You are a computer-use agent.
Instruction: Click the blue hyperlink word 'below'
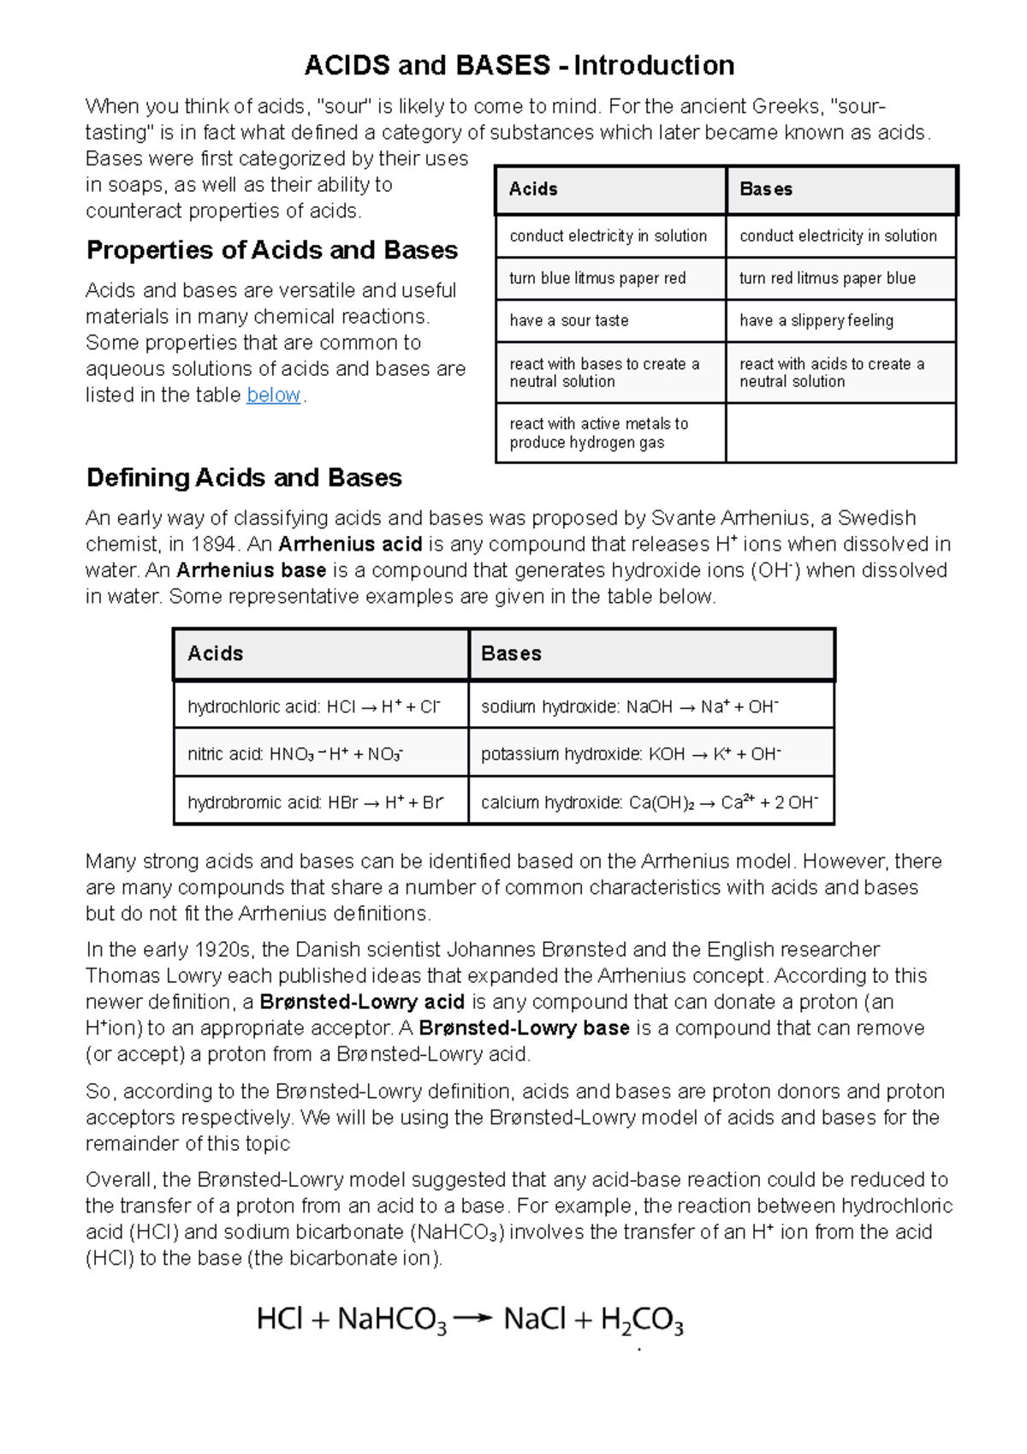click(273, 395)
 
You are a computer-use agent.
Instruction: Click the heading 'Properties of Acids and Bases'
click(272, 250)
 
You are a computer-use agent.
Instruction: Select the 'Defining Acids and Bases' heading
click(244, 478)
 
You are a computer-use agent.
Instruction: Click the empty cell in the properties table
click(840, 433)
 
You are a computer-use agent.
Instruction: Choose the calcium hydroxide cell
click(650, 802)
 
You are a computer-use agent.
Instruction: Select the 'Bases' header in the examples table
click(511, 653)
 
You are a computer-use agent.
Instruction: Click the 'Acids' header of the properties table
click(533, 189)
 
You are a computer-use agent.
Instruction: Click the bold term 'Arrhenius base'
click(251, 570)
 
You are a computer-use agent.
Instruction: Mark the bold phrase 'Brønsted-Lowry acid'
click(361, 1002)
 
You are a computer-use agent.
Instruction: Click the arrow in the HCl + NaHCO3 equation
click(472, 1319)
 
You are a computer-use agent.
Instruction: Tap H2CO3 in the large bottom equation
click(642, 1320)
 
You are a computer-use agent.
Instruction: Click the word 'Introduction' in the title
click(654, 65)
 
